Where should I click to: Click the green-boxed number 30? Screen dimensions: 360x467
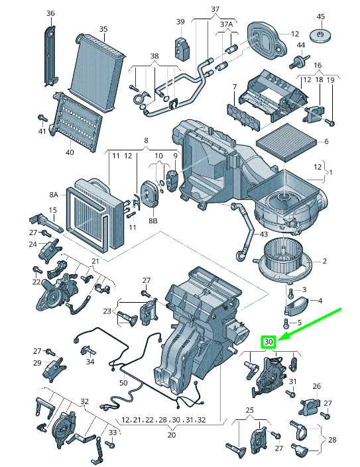(x=269, y=342)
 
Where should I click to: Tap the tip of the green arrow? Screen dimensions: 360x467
(x=278, y=340)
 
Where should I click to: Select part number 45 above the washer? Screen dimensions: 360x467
(x=321, y=17)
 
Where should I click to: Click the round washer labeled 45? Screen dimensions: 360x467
(x=321, y=35)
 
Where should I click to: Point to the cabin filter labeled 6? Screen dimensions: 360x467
(x=286, y=142)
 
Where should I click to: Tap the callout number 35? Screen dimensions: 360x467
(x=103, y=29)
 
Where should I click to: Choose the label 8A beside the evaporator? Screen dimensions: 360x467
(x=54, y=195)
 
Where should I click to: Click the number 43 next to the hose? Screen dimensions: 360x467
(x=263, y=234)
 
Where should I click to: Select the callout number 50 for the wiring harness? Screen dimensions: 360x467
(x=123, y=383)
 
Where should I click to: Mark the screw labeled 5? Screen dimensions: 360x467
(x=286, y=323)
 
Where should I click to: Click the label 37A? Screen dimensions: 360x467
(x=226, y=24)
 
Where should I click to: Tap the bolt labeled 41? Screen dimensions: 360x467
(x=42, y=117)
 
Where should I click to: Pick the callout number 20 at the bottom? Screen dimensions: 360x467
(x=171, y=435)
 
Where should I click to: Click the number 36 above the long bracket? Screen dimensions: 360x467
(x=50, y=13)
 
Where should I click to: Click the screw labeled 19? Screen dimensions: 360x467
(x=330, y=122)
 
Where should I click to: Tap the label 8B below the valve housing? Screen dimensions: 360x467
(x=153, y=221)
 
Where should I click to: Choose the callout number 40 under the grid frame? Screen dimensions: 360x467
(x=70, y=152)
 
